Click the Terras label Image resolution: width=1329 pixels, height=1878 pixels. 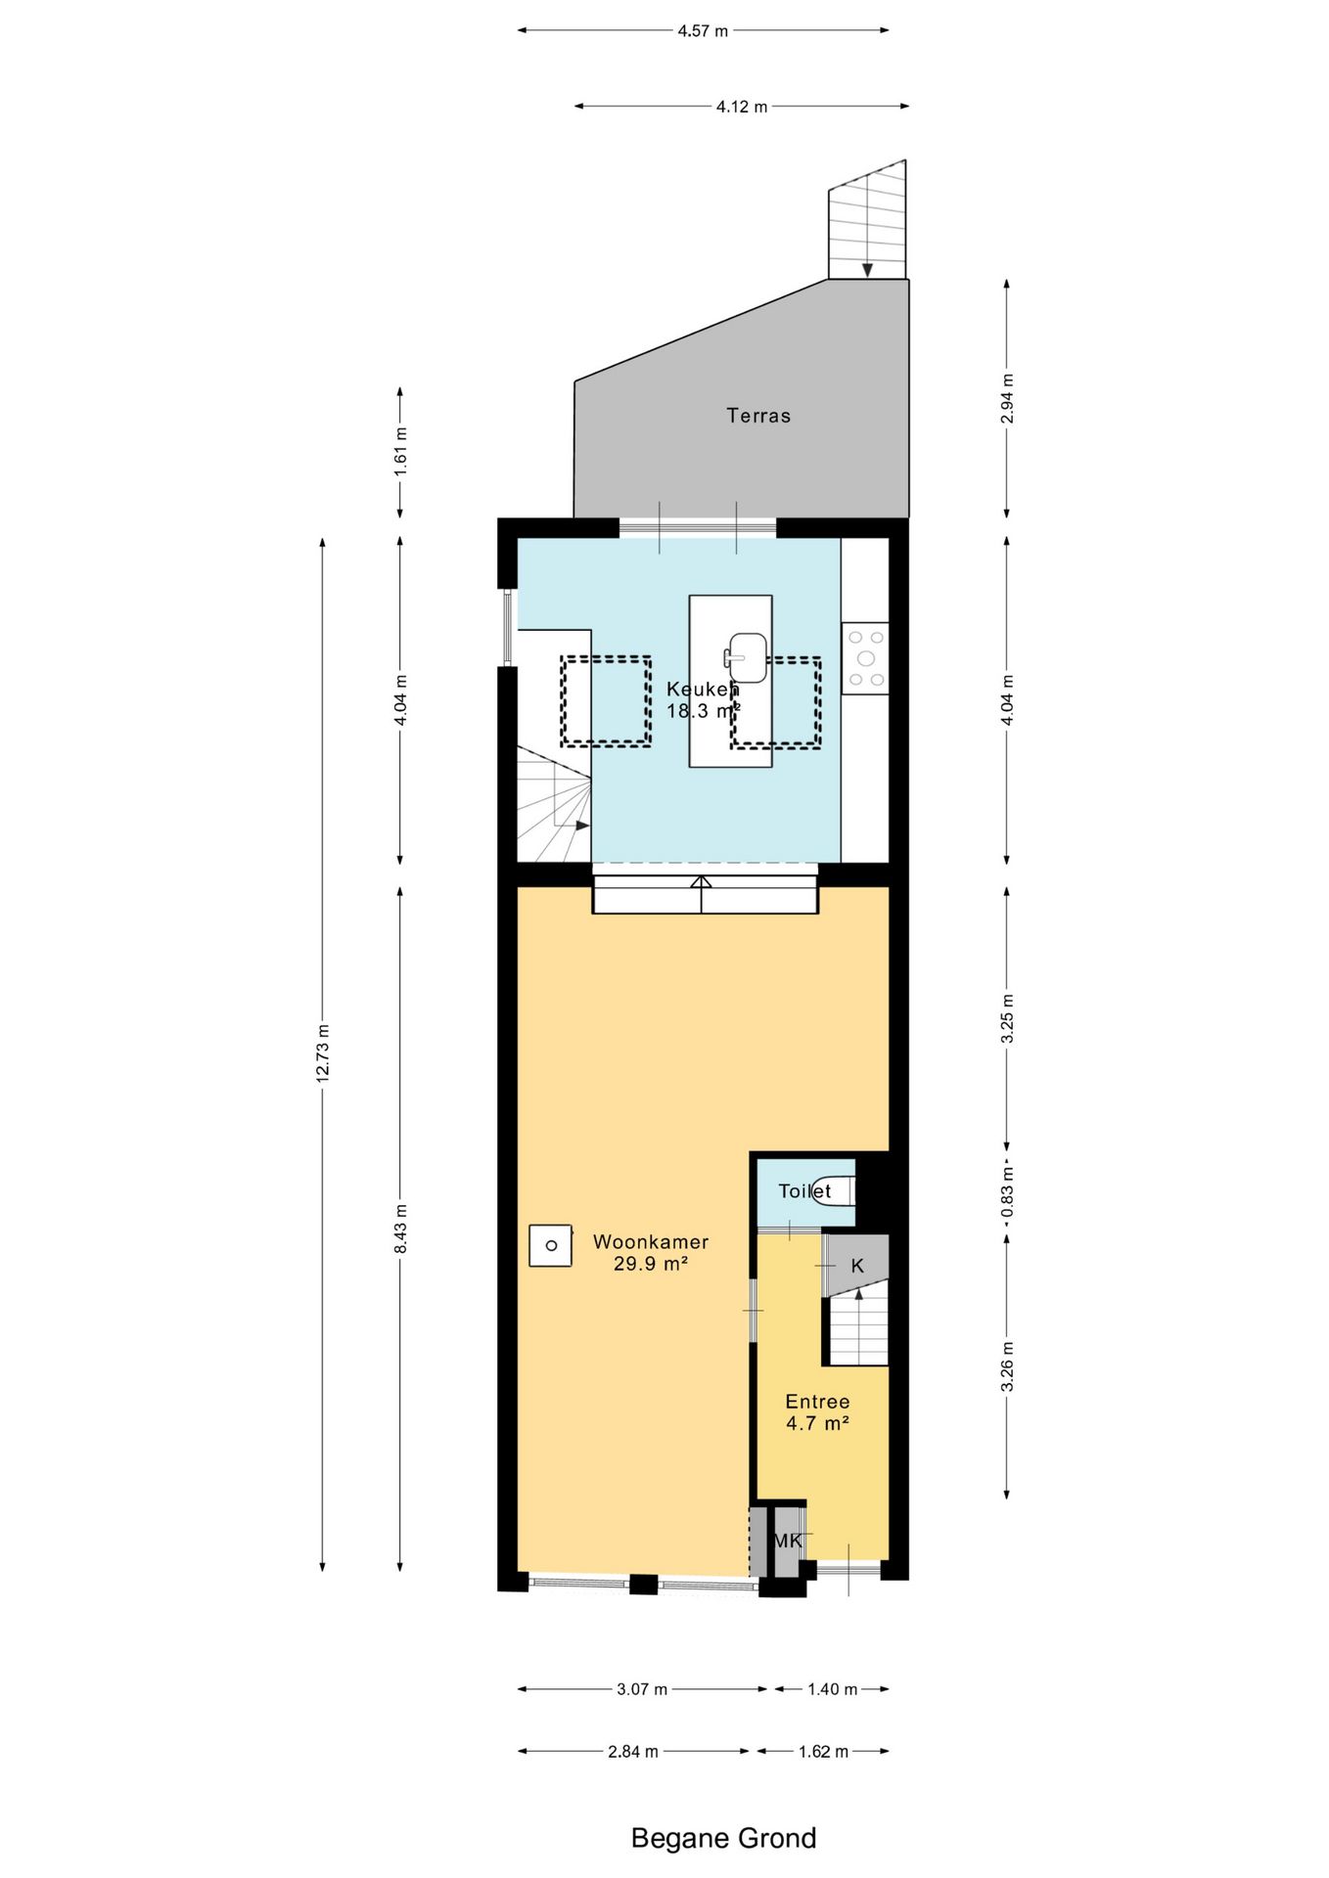757,416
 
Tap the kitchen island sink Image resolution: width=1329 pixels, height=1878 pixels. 747,657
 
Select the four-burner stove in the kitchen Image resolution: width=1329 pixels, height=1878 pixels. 865,658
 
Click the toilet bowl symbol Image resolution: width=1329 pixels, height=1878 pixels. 837,1190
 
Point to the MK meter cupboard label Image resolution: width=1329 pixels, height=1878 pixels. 788,1542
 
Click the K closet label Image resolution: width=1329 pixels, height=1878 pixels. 857,1266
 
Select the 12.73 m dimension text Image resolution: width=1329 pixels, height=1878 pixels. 323,1052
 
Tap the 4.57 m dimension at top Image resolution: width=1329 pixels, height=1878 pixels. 703,30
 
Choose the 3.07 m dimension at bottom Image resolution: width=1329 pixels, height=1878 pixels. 642,1689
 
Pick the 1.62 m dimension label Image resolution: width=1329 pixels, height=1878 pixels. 823,1751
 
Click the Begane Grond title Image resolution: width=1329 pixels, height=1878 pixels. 723,1838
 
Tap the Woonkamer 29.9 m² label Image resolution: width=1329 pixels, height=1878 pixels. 651,1252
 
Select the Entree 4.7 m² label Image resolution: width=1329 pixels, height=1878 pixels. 817,1412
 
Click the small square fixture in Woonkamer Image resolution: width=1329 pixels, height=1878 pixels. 550,1245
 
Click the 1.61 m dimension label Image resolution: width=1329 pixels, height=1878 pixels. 400,452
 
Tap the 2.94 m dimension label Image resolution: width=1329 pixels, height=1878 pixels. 1007,398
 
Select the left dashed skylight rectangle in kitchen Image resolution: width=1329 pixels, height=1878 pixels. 606,700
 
